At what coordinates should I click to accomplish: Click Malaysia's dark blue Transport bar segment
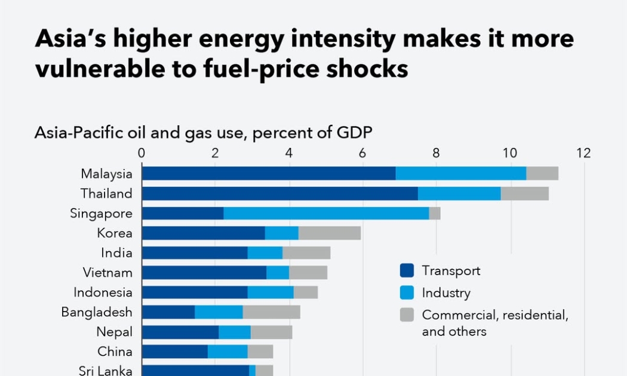269,173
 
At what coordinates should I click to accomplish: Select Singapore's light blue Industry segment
326,213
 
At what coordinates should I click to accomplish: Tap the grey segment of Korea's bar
330,233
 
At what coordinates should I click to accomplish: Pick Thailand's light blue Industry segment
459,193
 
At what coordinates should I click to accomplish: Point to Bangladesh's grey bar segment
272,312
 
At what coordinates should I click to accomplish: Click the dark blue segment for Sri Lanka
195,370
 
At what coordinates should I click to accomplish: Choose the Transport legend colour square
407,271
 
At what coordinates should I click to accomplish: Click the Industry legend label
446,293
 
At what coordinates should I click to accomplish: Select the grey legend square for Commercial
407,315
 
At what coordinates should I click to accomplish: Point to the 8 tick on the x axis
436,153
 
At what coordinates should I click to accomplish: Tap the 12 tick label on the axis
583,153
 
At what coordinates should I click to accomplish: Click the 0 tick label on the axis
142,153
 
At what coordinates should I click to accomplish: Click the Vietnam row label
107,273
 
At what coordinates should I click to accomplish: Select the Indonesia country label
103,292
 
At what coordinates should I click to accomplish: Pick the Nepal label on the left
115,331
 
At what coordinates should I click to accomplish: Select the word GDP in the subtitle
352,132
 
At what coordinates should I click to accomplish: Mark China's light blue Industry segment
228,351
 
